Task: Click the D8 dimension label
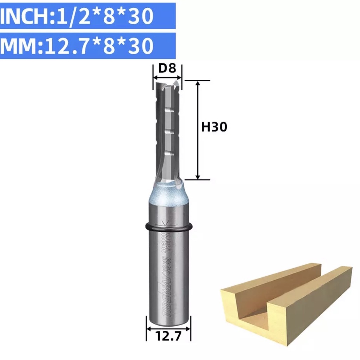coord(167,69)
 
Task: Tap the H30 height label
coord(214,127)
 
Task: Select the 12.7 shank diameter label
coord(168,337)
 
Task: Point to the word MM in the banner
coord(19,46)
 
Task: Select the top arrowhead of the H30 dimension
coord(198,84)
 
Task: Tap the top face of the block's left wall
coord(267,278)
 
